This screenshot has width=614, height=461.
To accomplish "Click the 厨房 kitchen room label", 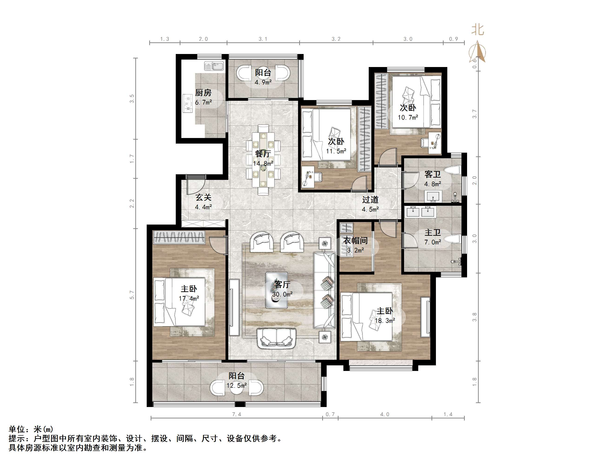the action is [203, 93].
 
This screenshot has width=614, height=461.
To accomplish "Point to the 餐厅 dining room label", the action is [263, 153].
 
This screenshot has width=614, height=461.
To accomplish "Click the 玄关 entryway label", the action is [203, 197].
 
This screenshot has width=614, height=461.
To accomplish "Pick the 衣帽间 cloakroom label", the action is [355, 241].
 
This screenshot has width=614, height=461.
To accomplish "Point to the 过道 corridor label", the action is [370, 200].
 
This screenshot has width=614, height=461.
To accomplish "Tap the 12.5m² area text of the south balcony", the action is [236, 385].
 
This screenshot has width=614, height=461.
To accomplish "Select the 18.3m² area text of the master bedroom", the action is [385, 321].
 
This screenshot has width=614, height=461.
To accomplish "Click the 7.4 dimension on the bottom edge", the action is [236, 414].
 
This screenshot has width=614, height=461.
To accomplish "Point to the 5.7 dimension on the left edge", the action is [132, 295].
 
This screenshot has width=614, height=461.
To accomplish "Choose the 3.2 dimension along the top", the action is [336, 39].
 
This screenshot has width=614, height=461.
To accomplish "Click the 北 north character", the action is [478, 30].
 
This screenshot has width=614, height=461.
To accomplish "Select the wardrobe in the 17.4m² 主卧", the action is [179, 237].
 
